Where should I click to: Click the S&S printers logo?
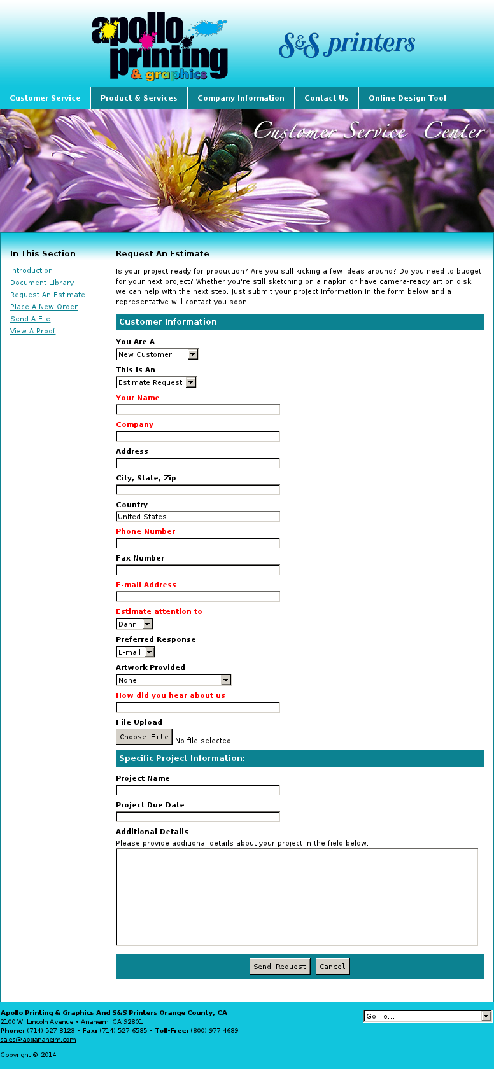(346, 45)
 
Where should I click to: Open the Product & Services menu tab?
(139, 98)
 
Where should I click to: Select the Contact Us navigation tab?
(327, 98)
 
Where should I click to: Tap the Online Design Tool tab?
(407, 98)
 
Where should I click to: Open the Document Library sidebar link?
(42, 283)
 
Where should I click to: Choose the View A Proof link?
(32, 331)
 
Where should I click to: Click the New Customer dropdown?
(157, 354)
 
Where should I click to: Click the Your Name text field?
(198, 410)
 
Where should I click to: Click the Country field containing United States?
(198, 517)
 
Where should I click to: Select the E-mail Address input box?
(198, 597)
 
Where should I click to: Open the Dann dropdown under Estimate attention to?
(134, 624)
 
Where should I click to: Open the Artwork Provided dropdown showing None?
(173, 680)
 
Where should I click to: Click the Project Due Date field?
(198, 817)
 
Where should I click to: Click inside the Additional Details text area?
(297, 897)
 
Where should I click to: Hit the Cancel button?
(332, 967)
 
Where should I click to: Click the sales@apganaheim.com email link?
(38, 1040)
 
